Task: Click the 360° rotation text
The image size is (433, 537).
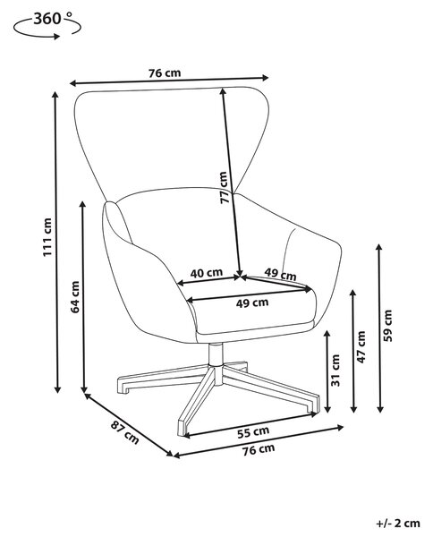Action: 53,19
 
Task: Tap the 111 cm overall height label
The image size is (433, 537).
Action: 47,237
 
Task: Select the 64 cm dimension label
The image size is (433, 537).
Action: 74,296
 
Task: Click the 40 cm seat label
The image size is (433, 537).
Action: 207,273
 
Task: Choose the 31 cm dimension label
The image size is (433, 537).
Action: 335,371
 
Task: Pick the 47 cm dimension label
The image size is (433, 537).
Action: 361,347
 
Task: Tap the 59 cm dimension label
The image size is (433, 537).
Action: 387,326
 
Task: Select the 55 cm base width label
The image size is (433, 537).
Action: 253,432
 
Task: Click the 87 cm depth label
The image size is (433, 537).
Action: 125,432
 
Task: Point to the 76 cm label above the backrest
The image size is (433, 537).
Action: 165,73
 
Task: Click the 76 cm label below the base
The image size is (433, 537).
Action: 259,449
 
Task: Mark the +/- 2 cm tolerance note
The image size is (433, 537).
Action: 398,524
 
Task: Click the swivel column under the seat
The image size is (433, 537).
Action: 216,354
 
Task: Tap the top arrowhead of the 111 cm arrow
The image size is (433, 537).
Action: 55,95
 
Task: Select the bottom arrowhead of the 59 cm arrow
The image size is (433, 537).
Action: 379,408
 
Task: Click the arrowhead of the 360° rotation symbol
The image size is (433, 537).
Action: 56,37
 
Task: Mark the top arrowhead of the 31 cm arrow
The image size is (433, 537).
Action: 327,334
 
